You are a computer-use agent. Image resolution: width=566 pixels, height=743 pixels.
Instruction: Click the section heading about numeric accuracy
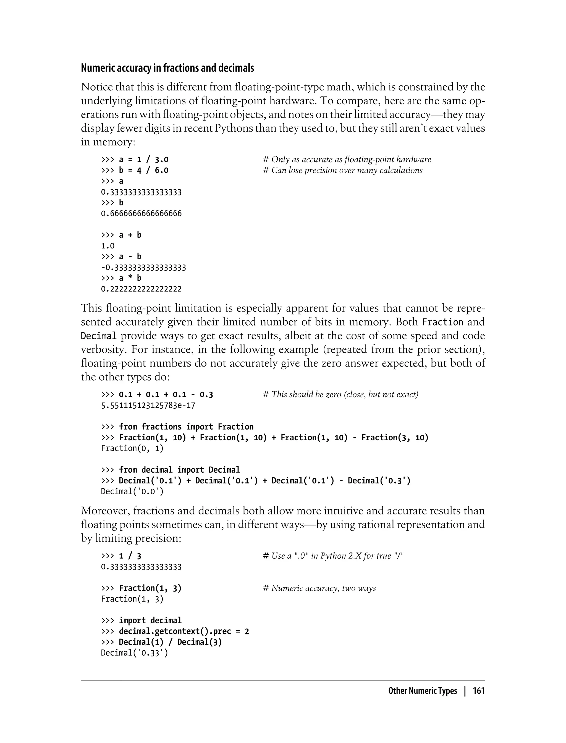point(167,68)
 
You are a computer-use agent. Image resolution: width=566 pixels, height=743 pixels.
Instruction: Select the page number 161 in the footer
point(478,691)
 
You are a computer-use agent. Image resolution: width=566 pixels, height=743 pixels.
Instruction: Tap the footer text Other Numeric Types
point(423,691)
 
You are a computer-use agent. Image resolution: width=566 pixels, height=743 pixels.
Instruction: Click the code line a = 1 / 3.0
point(135,160)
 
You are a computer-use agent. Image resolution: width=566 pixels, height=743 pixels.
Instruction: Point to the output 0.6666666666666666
point(141,214)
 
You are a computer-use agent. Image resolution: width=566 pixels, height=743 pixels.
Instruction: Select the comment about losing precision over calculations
point(343,171)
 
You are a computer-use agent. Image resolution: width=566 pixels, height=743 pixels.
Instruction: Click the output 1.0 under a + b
point(108,246)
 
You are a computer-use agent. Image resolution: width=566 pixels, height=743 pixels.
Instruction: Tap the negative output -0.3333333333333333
point(143,268)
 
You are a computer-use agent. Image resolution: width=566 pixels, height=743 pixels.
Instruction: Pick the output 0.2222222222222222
point(141,289)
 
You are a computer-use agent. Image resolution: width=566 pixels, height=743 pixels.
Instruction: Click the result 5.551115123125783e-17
point(148,405)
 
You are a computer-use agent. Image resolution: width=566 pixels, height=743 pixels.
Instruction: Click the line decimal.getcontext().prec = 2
point(175,631)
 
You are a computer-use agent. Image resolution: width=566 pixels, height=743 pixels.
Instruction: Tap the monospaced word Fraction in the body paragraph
point(443,322)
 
